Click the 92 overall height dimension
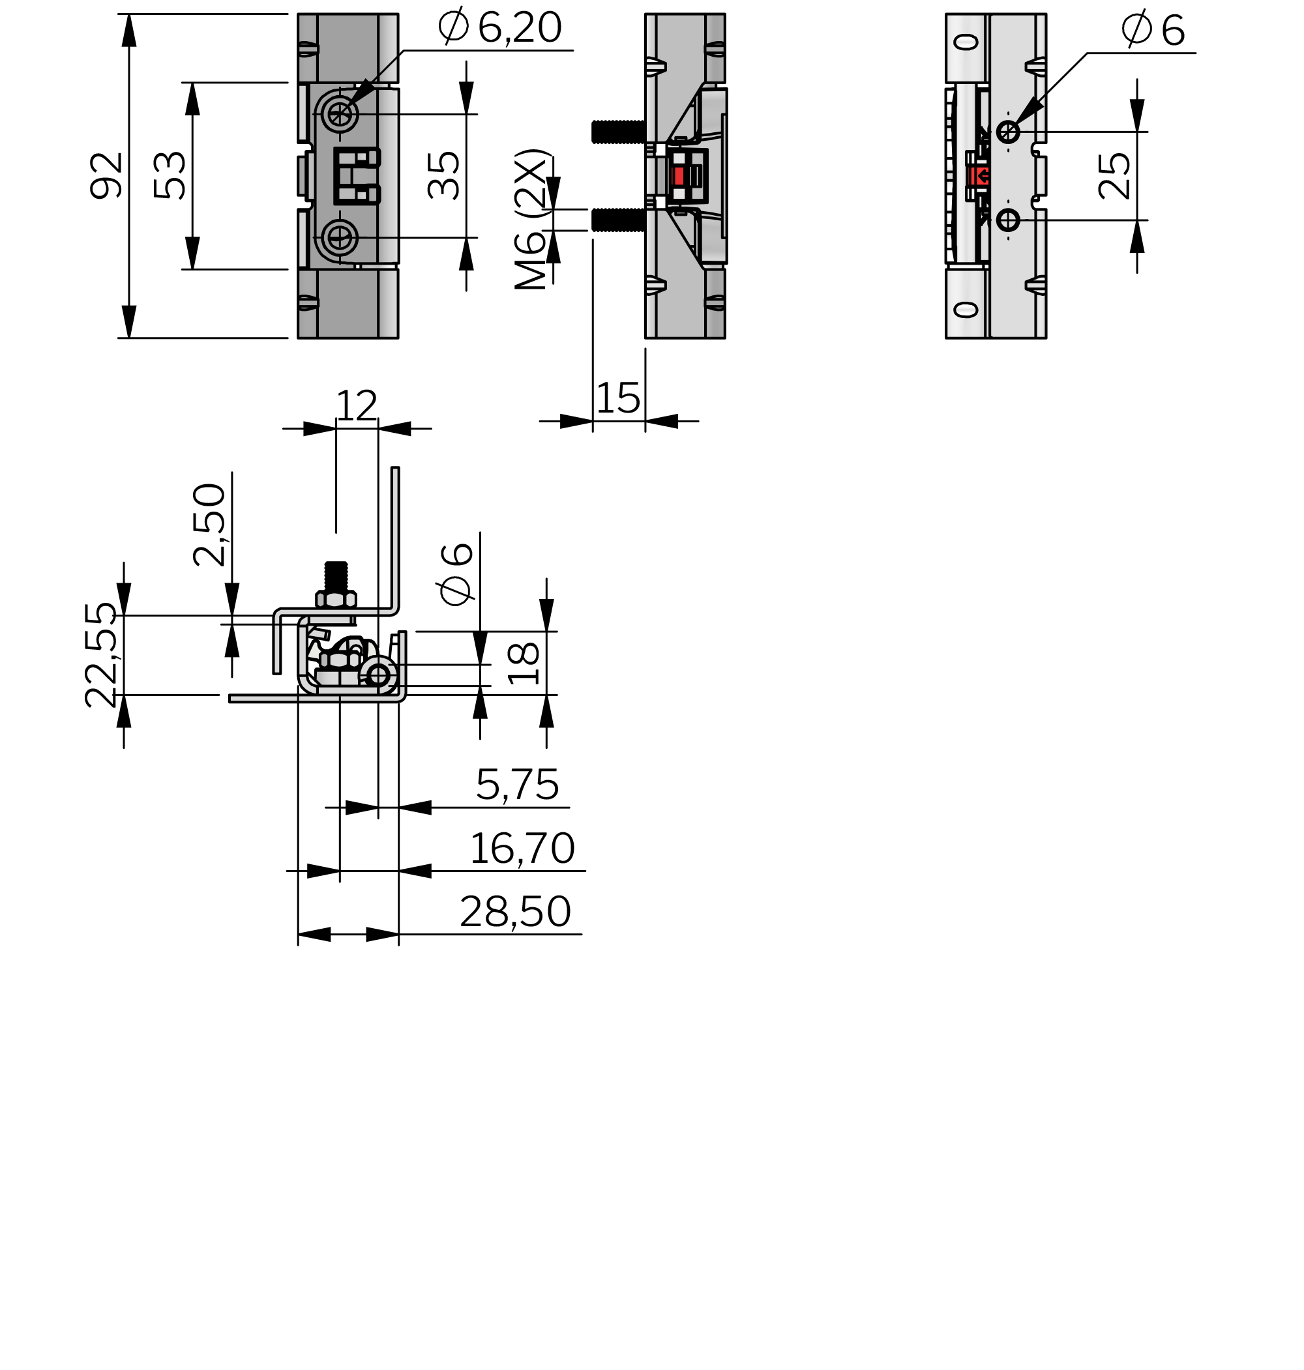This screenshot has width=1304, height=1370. (107, 176)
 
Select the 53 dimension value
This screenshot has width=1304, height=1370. (170, 176)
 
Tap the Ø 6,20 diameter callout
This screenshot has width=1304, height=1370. (500, 27)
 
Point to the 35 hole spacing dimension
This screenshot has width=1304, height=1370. (443, 176)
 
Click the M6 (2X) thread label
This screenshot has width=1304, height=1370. (533, 219)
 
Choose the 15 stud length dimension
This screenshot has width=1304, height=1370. (618, 398)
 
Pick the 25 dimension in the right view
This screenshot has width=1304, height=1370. (1115, 177)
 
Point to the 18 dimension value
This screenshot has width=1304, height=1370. (524, 663)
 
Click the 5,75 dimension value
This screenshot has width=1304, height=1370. (517, 785)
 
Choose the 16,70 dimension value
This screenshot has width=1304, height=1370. (522, 848)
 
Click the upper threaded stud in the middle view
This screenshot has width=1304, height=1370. (618, 132)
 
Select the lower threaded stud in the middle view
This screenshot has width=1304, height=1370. (618, 220)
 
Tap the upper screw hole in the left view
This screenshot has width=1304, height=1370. (340, 114)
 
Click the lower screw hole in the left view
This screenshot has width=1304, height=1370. (340, 238)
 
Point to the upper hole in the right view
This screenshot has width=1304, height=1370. (1008, 131)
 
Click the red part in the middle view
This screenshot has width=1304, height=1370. (679, 176)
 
